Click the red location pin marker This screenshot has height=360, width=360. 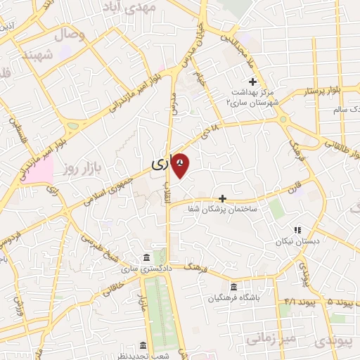181,165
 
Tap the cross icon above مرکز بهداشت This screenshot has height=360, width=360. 252,82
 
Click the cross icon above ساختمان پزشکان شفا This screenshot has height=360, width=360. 223,199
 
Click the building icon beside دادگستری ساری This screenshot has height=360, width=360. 146,257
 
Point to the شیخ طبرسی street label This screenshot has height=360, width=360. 103,250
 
